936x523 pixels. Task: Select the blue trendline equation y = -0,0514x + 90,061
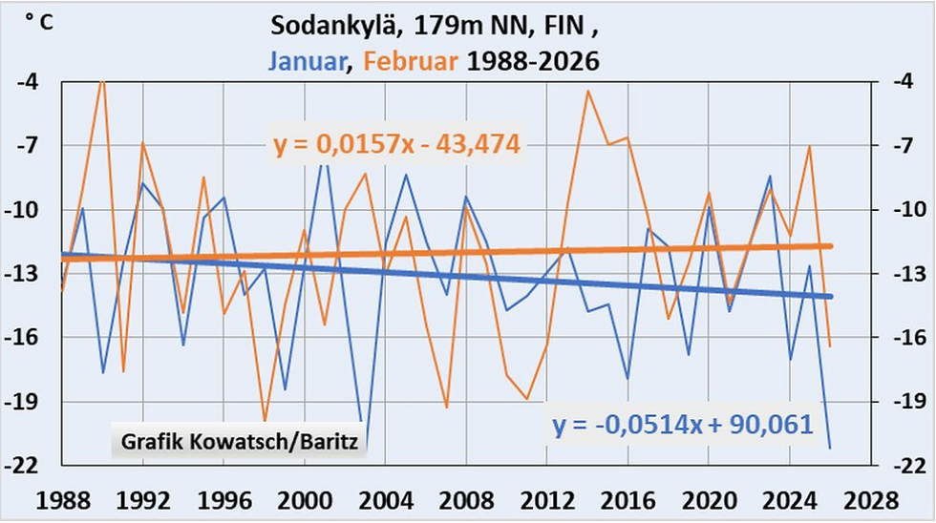point(682,424)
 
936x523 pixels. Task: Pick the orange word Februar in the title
point(413,61)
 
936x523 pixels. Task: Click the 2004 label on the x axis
point(385,498)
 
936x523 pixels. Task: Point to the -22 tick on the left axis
point(30,465)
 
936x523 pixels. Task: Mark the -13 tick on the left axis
point(30,274)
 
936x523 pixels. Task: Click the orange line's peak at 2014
point(587,92)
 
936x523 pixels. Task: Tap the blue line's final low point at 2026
point(830,447)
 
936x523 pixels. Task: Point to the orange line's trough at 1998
point(265,420)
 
